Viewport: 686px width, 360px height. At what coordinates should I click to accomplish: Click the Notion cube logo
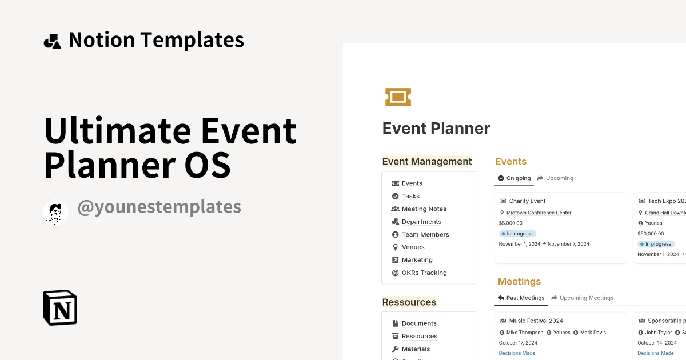60,307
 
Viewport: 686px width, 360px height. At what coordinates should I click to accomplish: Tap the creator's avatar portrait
55,213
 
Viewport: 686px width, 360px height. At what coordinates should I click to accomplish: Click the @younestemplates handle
158,207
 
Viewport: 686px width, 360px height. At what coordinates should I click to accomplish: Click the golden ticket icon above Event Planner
398,97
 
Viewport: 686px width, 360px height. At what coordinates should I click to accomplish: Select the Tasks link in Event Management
410,196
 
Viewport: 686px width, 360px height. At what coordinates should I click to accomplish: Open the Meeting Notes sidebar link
424,209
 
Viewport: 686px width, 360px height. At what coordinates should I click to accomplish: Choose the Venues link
413,247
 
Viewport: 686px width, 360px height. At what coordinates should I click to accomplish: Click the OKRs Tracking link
424,273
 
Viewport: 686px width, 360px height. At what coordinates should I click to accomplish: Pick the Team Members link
425,235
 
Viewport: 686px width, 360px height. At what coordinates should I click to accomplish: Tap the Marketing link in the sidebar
417,260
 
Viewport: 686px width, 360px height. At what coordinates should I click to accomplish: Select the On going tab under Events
514,178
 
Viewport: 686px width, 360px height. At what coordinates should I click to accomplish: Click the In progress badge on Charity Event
517,234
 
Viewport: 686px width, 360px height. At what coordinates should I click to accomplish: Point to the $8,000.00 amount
510,223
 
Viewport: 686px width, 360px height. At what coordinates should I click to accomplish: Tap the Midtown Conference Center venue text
539,213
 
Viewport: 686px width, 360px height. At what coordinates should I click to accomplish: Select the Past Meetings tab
521,298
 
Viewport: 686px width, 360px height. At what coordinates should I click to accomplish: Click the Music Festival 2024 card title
536,321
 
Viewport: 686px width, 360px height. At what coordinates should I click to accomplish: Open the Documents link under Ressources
418,323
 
